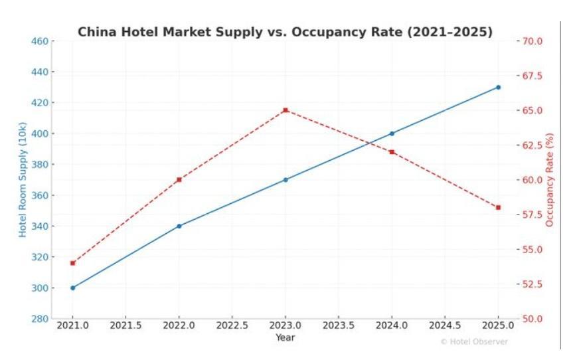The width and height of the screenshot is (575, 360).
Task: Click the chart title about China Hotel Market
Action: tap(285, 32)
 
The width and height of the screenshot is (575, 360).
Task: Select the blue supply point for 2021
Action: tap(73, 288)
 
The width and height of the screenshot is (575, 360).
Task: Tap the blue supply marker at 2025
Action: tap(498, 87)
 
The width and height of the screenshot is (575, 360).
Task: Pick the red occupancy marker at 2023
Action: tap(286, 110)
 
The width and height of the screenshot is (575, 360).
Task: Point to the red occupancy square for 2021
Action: tap(73, 263)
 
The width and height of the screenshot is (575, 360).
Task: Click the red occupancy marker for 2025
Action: tap(498, 207)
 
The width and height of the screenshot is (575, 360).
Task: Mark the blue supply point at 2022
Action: tap(179, 226)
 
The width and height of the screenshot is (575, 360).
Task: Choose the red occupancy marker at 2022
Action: tap(179, 179)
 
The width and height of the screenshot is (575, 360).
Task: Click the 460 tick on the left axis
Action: tap(39, 41)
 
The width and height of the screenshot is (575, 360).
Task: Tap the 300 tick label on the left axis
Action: tap(39, 288)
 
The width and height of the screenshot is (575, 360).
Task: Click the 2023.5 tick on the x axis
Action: tap(339, 325)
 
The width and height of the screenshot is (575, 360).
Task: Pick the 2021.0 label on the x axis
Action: tap(73, 325)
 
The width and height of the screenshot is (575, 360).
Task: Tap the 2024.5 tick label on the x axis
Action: tap(445, 325)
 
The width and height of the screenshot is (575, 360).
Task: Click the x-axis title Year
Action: tap(286, 337)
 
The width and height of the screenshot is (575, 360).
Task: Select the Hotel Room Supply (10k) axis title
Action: tap(23, 179)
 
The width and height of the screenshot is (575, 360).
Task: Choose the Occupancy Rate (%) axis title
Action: tap(549, 179)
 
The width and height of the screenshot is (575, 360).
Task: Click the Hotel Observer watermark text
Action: tap(474, 341)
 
